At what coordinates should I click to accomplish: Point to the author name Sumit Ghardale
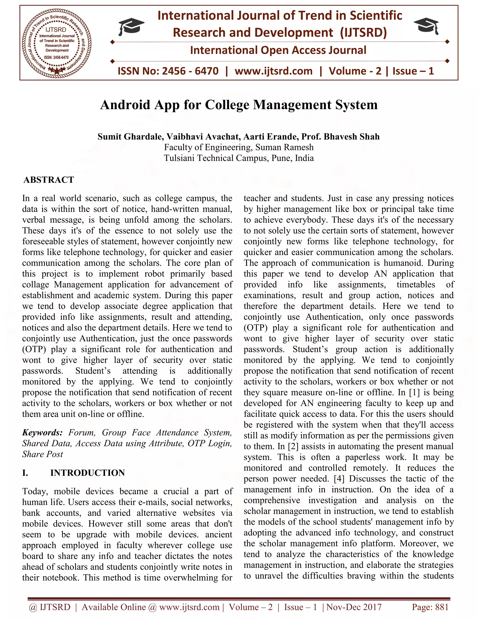tap(130, 137)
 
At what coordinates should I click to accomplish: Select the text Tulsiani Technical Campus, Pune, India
tap(239, 158)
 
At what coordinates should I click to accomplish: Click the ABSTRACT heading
tap(49, 180)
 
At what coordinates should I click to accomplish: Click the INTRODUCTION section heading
tap(88, 473)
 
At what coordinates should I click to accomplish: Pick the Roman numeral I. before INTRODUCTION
tap(25, 473)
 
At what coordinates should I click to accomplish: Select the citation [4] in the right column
tap(339, 479)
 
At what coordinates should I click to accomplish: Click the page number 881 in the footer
tap(442, 607)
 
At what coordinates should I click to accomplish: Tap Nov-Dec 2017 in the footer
tap(354, 607)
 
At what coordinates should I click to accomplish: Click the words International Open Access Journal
tap(278, 50)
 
